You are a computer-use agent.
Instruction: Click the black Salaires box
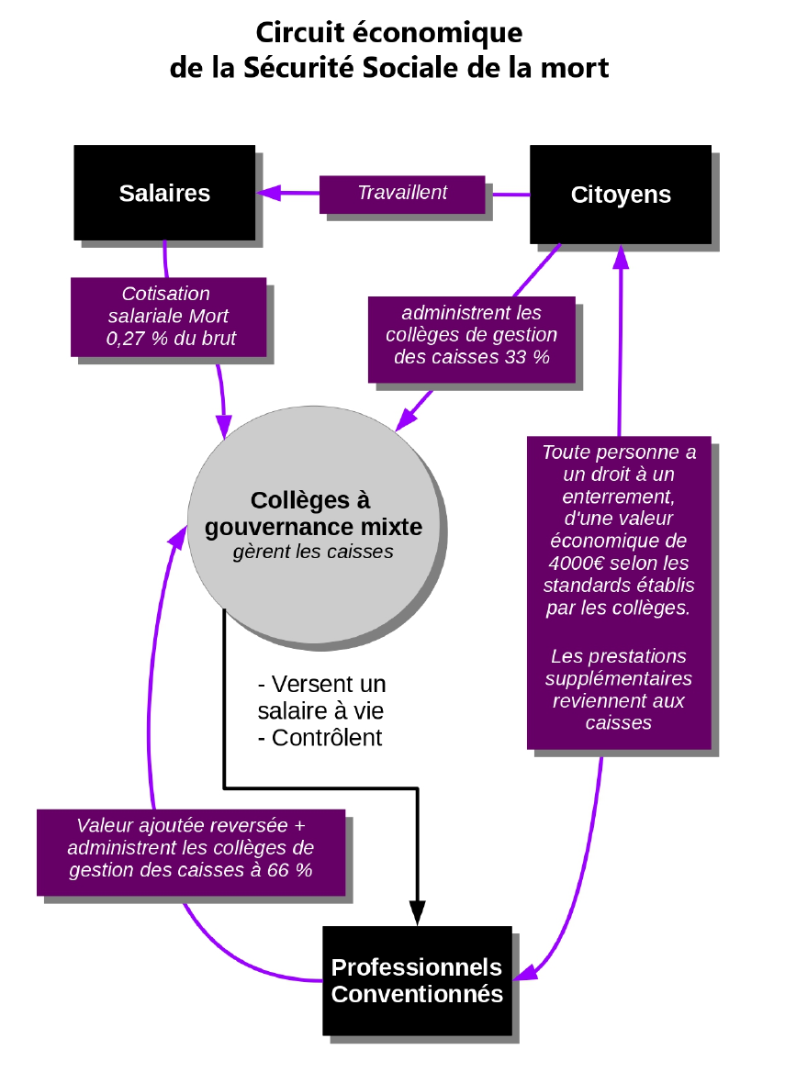164,194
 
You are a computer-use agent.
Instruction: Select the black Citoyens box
621,195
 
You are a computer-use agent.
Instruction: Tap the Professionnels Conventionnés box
417,980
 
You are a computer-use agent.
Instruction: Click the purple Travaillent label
402,194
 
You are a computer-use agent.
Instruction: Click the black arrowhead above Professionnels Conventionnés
417,912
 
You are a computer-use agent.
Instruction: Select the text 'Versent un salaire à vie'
321,698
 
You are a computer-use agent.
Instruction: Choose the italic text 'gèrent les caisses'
313,552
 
